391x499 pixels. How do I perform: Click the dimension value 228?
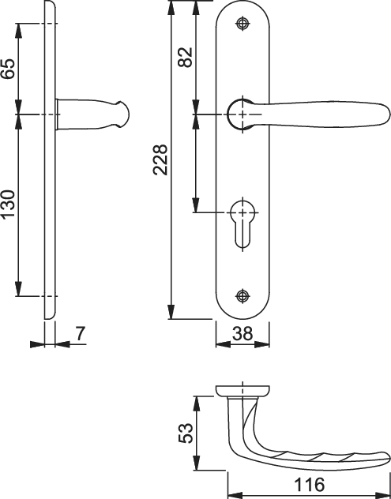(x=160, y=159)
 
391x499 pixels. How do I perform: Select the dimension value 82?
(x=186, y=57)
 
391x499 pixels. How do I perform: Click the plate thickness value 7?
(x=81, y=333)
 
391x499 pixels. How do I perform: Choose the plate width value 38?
(x=242, y=333)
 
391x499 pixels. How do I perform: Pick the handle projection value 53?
(x=186, y=433)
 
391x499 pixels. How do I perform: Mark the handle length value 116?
(x=309, y=485)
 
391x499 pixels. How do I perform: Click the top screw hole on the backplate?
(x=242, y=24)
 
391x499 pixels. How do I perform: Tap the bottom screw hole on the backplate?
(x=242, y=296)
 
